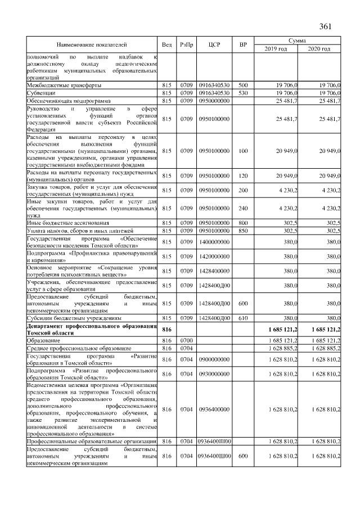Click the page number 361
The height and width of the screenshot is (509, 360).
[x=327, y=26]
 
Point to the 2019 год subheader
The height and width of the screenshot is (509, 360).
[x=276, y=49]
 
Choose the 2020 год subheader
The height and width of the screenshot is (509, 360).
[x=319, y=49]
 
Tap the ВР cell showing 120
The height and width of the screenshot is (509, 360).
[x=243, y=175]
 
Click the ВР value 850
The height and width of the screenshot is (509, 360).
[x=243, y=231]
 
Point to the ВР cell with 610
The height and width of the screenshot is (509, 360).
[x=243, y=317]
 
